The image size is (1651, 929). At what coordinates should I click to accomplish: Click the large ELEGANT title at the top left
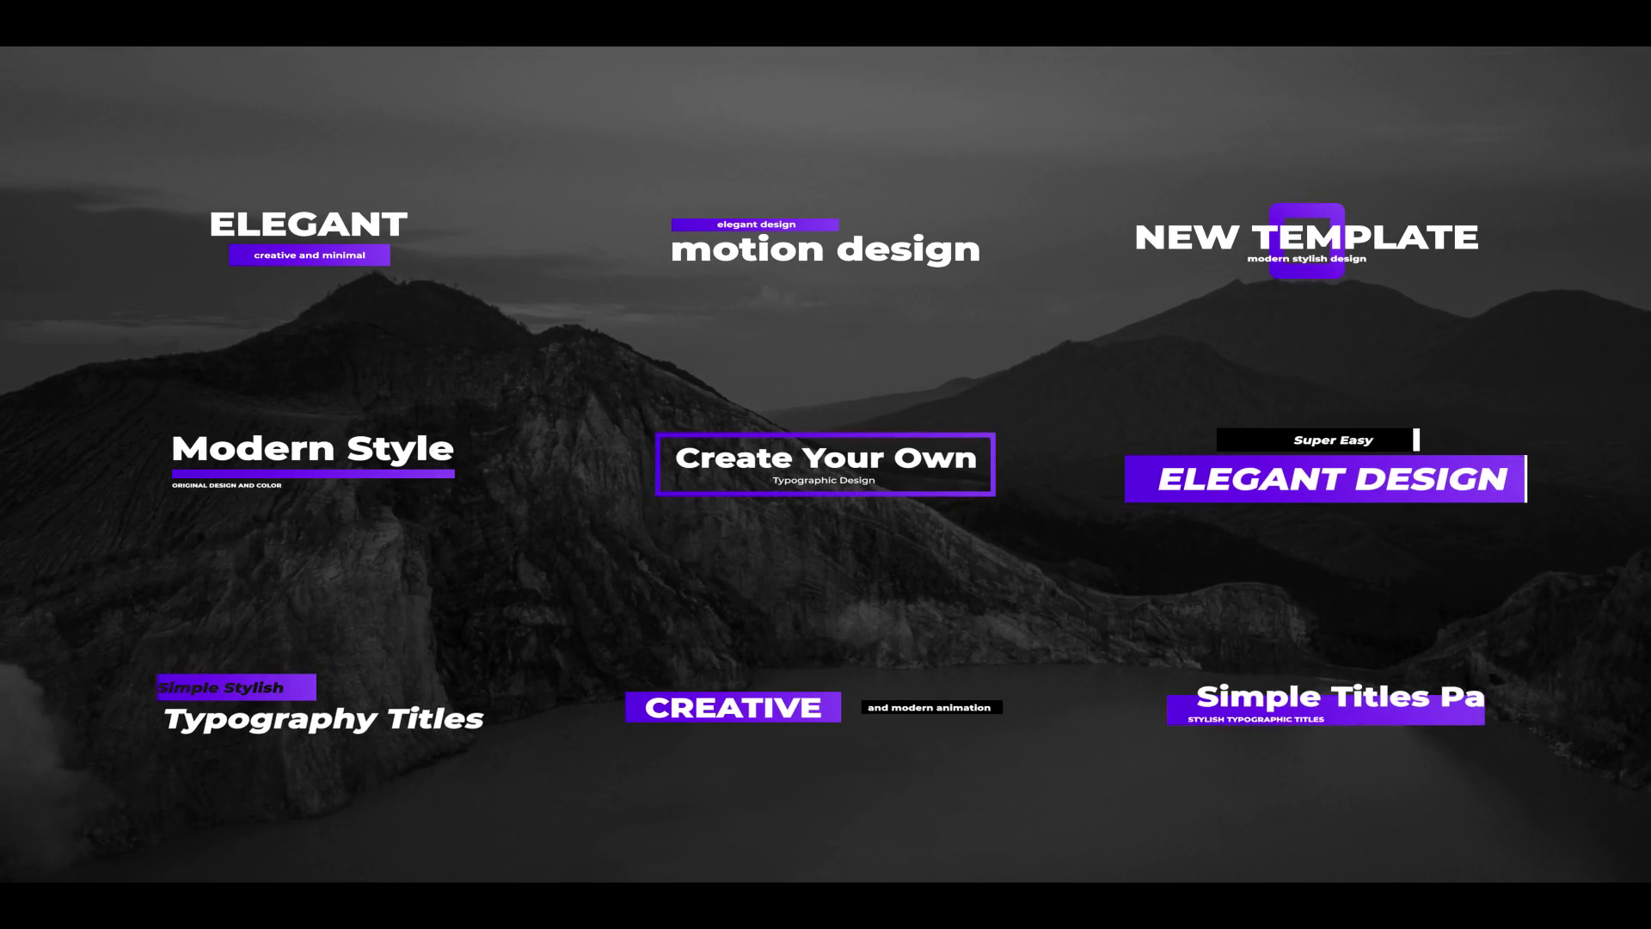308,225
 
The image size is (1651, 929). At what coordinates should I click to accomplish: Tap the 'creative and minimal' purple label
310,255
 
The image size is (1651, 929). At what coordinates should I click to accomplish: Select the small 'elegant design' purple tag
755,225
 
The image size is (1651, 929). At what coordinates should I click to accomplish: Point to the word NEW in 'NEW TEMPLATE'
1187,237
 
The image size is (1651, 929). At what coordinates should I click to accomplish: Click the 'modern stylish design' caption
1306,259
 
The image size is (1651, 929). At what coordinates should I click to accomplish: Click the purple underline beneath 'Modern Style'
313,473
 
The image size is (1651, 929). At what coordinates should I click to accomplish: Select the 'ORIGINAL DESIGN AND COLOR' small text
227,485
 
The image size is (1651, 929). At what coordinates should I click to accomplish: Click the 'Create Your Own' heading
825,458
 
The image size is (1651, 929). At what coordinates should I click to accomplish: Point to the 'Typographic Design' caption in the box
824,480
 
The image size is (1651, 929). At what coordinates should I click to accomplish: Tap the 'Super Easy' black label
1316,440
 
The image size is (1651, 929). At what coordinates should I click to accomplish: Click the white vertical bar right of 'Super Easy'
1416,440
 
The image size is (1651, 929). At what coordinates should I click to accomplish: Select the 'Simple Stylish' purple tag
236,687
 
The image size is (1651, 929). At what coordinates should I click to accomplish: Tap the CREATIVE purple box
733,707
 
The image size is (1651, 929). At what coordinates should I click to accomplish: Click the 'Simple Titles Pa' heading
1340,696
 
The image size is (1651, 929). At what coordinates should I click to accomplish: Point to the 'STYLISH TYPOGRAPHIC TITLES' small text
1255,719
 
